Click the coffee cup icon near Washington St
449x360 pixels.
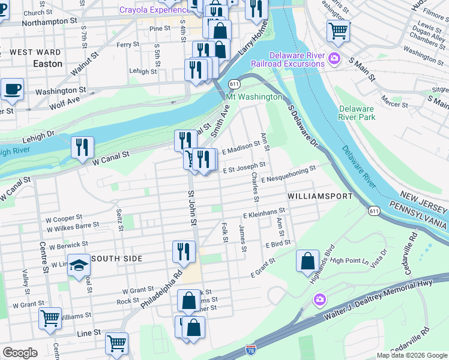pyautogui.click(x=12, y=90)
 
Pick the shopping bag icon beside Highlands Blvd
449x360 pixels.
pyautogui.click(x=307, y=261)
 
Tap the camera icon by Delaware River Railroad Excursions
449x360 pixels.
pyautogui.click(x=334, y=59)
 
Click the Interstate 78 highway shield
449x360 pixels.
pyautogui.click(x=251, y=349)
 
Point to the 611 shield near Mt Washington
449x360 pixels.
pyautogui.click(x=234, y=85)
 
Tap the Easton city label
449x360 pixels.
pyautogui.click(x=47, y=63)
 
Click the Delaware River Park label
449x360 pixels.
pyautogui.click(x=357, y=113)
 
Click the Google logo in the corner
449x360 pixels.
pyautogui.click(x=20, y=353)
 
